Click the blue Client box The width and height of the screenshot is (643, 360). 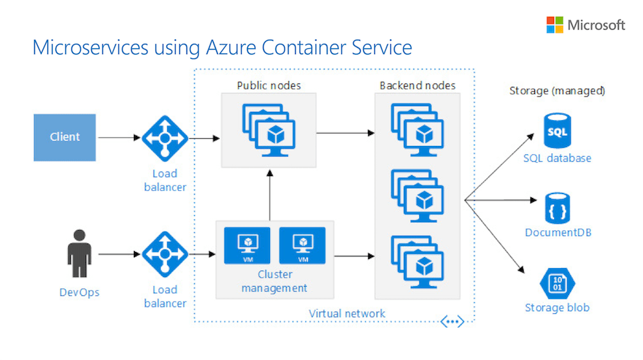[x=65, y=137]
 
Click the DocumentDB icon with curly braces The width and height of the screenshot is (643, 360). [x=557, y=207]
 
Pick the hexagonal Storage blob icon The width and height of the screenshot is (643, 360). [x=557, y=283]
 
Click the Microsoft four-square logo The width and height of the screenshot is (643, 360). [x=555, y=25]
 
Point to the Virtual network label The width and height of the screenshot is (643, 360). [x=347, y=313]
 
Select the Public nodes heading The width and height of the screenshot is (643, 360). [x=269, y=85]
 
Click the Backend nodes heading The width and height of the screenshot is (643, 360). [x=417, y=85]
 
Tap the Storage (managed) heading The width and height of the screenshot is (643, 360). [x=557, y=91]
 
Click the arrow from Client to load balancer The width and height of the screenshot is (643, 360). [x=119, y=137]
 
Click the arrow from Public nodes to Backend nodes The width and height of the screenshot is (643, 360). [x=346, y=133]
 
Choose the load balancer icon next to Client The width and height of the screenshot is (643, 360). [x=165, y=138]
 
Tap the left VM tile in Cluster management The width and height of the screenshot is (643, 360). [x=247, y=245]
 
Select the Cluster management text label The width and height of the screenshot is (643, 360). [x=275, y=282]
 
